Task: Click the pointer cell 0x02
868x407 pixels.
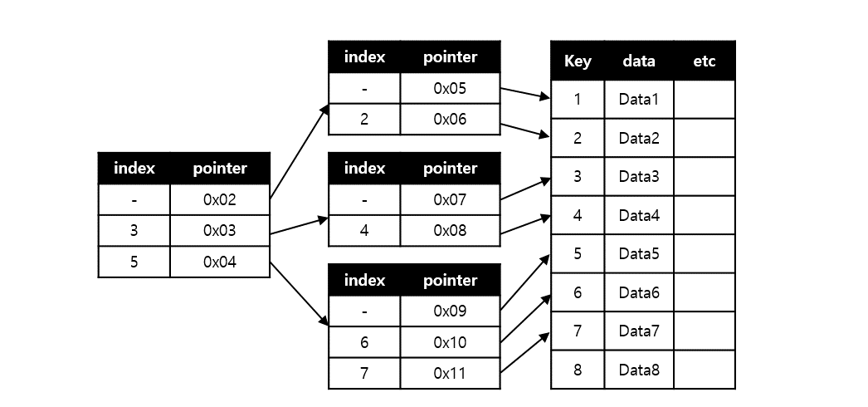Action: point(220,199)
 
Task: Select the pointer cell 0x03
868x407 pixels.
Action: point(220,231)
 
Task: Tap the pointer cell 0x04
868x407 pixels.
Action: point(220,262)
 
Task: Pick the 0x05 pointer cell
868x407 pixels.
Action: point(450,88)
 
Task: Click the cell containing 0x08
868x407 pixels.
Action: point(450,231)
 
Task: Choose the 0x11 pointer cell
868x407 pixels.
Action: point(450,373)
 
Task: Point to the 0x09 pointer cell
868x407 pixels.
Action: point(450,311)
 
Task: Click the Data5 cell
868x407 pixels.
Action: point(639,253)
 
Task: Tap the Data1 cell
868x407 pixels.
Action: point(639,100)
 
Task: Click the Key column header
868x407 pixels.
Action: point(578,61)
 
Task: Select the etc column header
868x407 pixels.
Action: point(704,61)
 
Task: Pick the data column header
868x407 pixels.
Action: point(639,61)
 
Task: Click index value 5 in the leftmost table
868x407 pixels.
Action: point(134,262)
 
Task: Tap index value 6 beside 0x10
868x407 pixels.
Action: point(363,342)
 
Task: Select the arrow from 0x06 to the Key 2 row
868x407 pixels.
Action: point(526,130)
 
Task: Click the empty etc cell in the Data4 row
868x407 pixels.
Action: point(704,215)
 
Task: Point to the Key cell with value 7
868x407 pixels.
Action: point(578,331)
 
